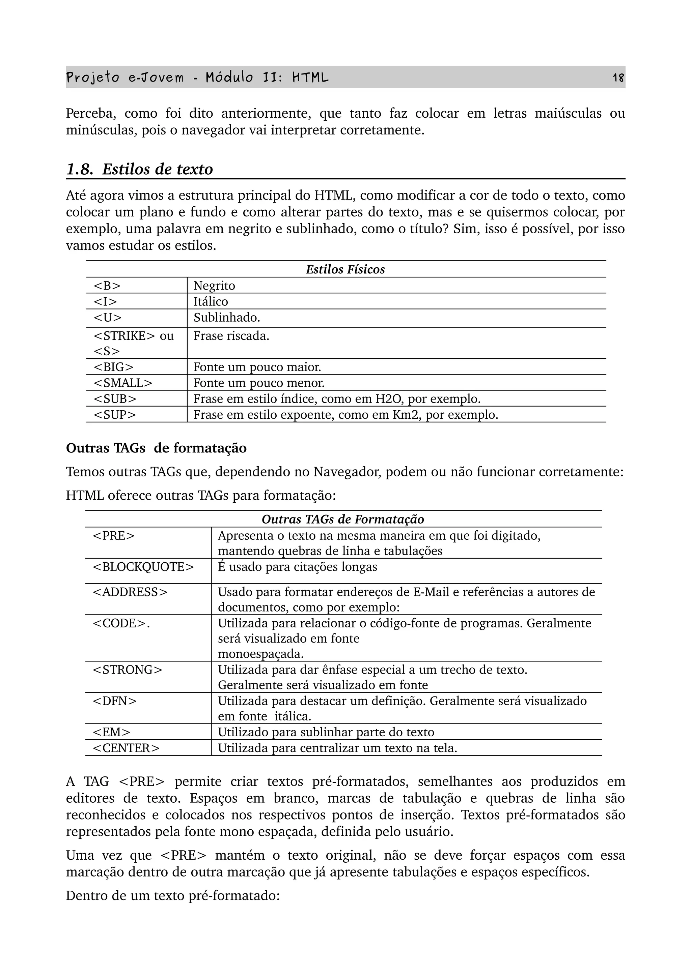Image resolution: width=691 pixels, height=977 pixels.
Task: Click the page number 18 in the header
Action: [x=618, y=78]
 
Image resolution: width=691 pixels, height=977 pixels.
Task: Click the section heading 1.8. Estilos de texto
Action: [x=140, y=169]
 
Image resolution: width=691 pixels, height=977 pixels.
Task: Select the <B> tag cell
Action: [x=107, y=286]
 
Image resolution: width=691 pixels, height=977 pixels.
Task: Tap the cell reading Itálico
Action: [x=211, y=302]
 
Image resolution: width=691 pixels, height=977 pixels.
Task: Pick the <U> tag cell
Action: [x=107, y=318]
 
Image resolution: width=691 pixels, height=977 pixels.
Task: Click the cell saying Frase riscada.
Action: [x=231, y=336]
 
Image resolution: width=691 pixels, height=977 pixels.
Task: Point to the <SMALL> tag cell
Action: [x=122, y=383]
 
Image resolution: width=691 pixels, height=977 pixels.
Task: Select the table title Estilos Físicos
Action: [x=345, y=269]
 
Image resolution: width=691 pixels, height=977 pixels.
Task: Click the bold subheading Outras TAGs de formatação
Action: [x=156, y=448]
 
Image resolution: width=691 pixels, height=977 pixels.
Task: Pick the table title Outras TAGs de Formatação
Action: [x=343, y=519]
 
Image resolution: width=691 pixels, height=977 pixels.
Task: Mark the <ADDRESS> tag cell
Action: [x=130, y=592]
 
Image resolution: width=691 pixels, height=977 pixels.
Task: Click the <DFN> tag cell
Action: [x=115, y=701]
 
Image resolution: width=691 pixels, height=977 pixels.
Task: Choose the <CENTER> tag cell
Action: [x=126, y=748]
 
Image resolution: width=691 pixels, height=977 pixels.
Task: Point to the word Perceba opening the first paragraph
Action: [x=90, y=114]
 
